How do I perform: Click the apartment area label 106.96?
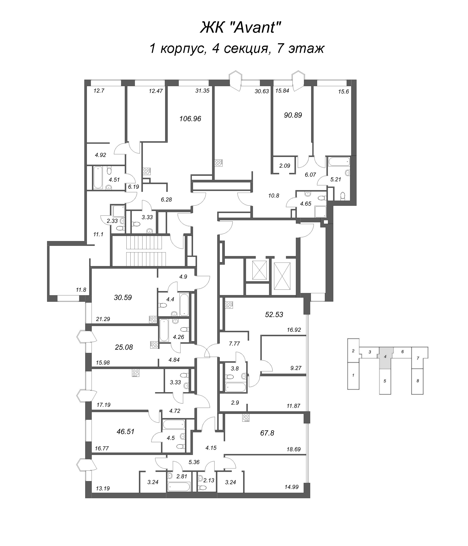tap(190, 119)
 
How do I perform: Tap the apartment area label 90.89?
tap(293, 115)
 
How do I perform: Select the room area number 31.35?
tap(202, 91)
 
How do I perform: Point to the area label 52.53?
tap(274, 314)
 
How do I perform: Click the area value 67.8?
tap(267, 433)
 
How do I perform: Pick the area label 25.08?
tap(124, 347)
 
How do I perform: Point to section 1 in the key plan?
tap(353, 375)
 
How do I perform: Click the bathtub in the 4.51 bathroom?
tap(98, 177)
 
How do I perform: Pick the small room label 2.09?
tap(284, 166)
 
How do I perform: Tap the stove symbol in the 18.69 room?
tap(246, 418)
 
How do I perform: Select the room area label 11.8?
tap(81, 290)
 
